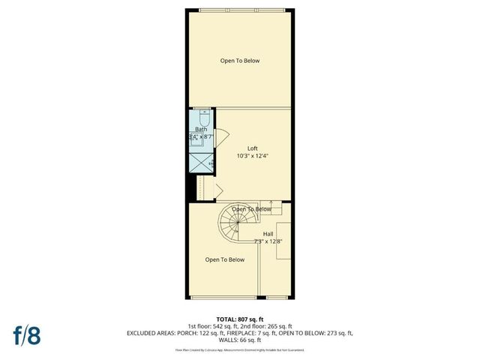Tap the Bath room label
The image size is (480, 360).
pyautogui.click(x=201, y=130)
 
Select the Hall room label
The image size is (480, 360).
pyautogui.click(x=268, y=234)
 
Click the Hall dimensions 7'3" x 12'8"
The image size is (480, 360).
pyautogui.click(x=268, y=241)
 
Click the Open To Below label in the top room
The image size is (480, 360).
pyautogui.click(x=240, y=61)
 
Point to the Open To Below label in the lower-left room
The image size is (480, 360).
pyautogui.click(x=226, y=259)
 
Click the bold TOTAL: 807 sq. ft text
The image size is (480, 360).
pyautogui.click(x=239, y=319)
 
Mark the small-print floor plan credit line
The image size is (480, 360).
pyautogui.click(x=239, y=349)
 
